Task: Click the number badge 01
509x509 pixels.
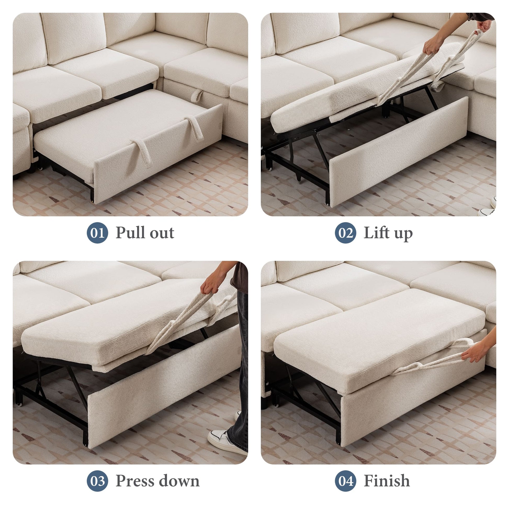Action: click(x=97, y=233)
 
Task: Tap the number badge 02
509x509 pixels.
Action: click(x=345, y=233)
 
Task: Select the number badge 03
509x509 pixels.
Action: click(x=97, y=481)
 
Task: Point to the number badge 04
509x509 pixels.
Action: click(x=345, y=481)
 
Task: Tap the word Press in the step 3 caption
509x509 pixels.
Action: click(x=135, y=481)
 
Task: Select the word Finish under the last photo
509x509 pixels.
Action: click(x=387, y=481)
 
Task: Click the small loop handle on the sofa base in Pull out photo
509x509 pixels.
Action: click(x=196, y=96)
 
